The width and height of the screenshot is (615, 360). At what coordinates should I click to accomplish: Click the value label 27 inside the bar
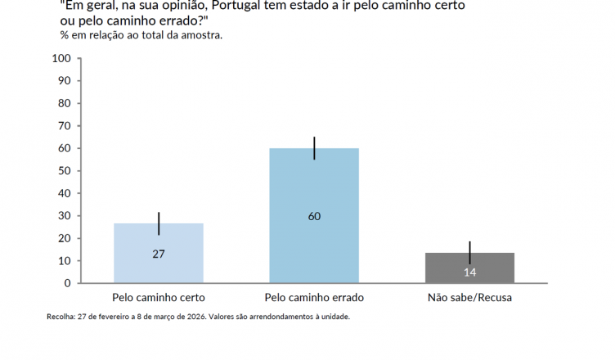[x=159, y=254]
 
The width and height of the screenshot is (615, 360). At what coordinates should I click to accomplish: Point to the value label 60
[x=314, y=217]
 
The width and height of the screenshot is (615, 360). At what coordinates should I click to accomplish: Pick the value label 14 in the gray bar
[x=469, y=272]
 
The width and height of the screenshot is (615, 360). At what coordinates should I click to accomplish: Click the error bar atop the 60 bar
[x=314, y=148]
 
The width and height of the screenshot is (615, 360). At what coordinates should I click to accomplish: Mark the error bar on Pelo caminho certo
[x=159, y=223]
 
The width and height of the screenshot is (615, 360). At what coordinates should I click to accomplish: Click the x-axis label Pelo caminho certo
[x=159, y=297]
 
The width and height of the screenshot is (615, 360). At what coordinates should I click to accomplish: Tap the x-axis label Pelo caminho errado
[x=314, y=297]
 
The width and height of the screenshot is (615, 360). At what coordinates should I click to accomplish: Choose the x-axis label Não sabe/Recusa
[x=469, y=297]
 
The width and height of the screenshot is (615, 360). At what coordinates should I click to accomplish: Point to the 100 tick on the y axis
[x=62, y=58]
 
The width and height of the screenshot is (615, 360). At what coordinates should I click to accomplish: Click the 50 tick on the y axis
[x=65, y=171]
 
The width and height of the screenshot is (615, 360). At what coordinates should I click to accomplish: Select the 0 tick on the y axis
[x=68, y=283]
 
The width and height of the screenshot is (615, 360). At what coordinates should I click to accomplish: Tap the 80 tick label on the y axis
[x=65, y=103]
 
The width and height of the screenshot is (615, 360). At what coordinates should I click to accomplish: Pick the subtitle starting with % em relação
[x=141, y=35]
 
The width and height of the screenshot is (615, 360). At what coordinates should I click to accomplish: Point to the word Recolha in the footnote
[x=62, y=317]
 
